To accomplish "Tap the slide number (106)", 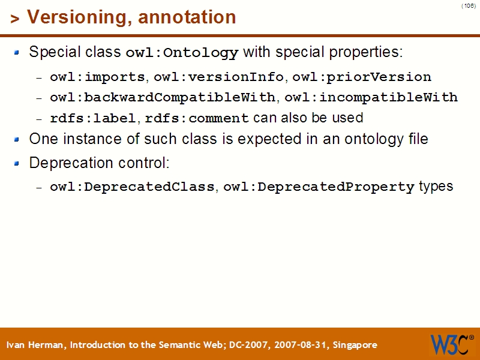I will pos(469,6).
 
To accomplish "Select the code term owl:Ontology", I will pos(182,53).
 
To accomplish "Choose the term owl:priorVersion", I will pos(362,77).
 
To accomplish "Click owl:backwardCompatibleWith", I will pos(163,97).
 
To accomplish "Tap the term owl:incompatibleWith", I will pos(371,97).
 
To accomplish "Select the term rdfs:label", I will pos(93,118).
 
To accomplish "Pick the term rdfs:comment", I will pos(197,118).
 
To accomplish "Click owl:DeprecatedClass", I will pos(132,187).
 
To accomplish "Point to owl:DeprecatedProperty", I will pos(319,187).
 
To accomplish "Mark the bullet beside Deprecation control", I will pos(17,163).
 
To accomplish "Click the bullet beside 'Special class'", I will pos(17,52).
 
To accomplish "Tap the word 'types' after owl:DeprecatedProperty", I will pos(436,187).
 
